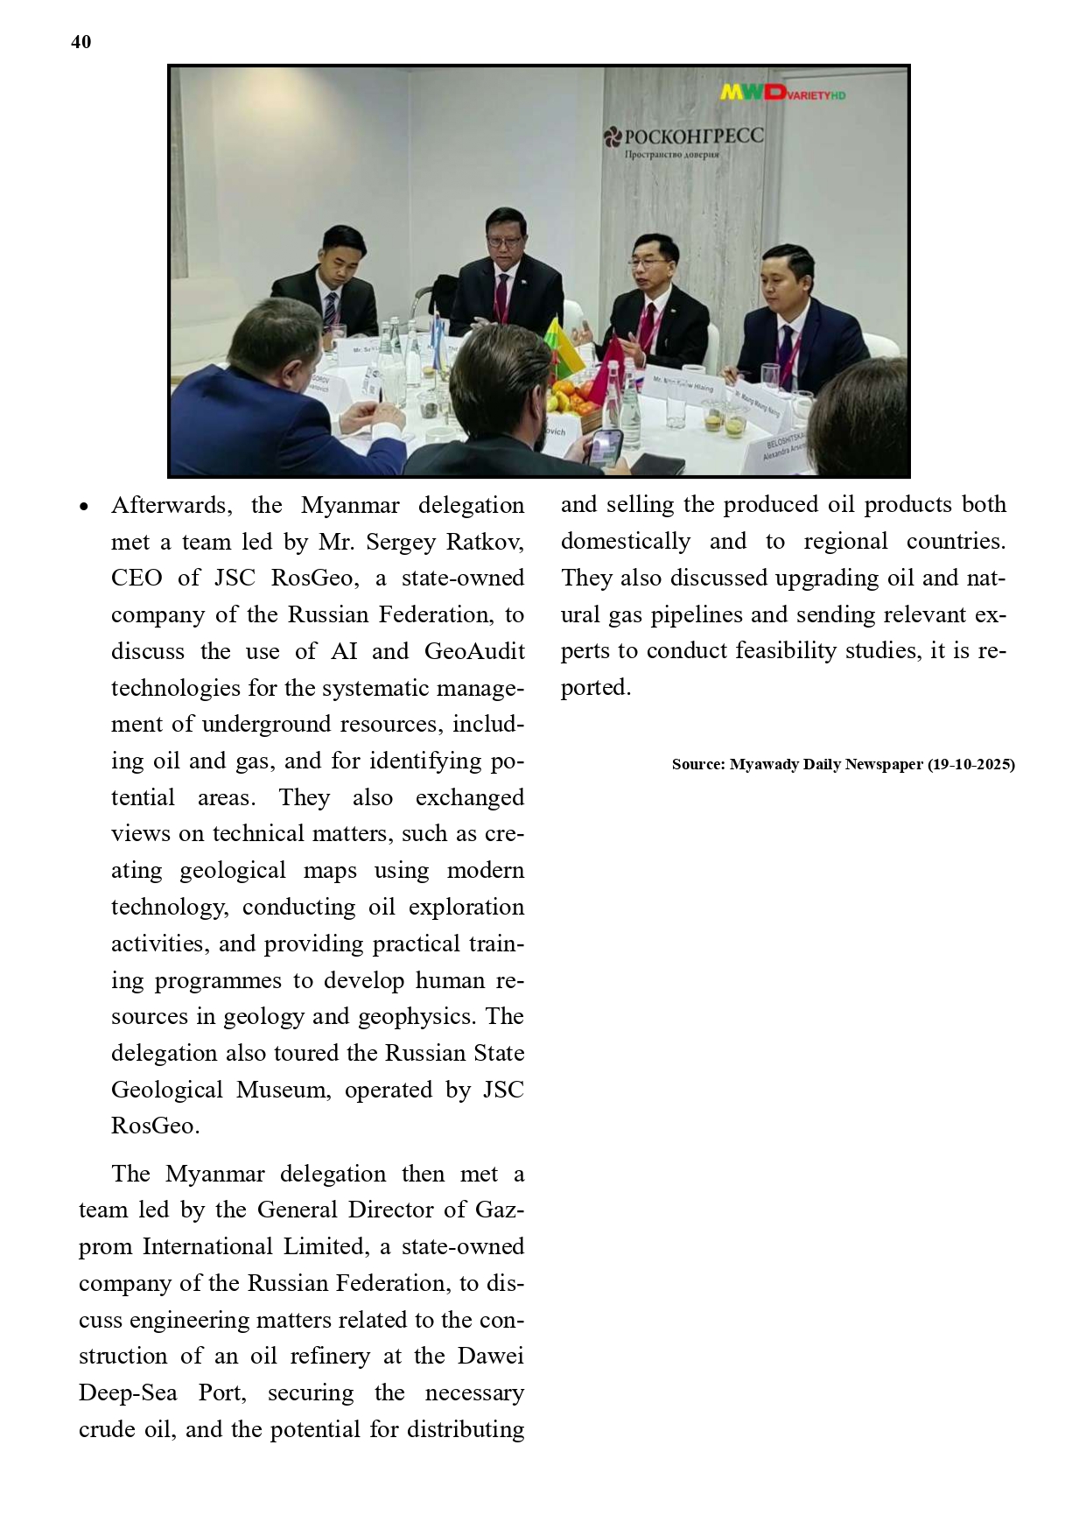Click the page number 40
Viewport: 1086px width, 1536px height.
(81, 42)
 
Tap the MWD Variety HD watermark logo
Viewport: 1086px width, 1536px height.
(782, 92)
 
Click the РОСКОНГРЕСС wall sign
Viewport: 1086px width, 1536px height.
(683, 137)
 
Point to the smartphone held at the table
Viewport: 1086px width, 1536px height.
(605, 447)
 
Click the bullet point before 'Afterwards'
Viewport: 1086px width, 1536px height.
(84, 507)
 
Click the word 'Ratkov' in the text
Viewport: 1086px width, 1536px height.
(485, 542)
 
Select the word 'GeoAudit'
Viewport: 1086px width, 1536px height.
(474, 651)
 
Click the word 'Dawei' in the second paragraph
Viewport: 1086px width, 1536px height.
(490, 1356)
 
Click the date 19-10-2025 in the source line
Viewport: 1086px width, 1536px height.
(971, 764)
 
